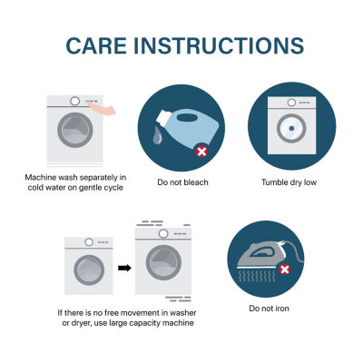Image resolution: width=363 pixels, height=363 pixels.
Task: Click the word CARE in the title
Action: click(x=96, y=45)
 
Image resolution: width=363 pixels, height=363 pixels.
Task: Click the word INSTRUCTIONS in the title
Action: click(x=219, y=45)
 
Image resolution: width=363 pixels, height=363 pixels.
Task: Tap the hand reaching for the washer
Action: click(x=102, y=109)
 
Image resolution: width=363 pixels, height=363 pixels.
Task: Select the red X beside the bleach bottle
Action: click(x=201, y=152)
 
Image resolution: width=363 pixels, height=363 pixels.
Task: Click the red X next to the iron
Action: click(x=284, y=269)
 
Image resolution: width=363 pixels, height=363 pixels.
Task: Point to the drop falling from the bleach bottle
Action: click(x=157, y=135)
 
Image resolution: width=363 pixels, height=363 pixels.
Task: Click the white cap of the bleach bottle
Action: click(x=164, y=117)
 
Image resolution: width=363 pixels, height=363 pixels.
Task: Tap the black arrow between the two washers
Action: click(x=124, y=268)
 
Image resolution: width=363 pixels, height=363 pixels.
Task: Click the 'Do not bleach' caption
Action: click(x=182, y=182)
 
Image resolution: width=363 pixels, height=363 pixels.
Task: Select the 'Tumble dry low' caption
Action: click(x=289, y=182)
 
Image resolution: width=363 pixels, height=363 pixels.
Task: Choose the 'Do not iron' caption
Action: click(x=269, y=309)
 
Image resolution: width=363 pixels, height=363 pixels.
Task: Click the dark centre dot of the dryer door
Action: click(x=291, y=128)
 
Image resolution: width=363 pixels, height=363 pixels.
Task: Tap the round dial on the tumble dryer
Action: click(x=291, y=103)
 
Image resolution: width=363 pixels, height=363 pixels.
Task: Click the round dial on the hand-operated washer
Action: click(x=74, y=101)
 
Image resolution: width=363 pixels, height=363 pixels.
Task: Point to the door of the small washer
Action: click(x=89, y=270)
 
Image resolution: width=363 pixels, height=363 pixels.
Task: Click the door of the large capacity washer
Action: click(x=163, y=262)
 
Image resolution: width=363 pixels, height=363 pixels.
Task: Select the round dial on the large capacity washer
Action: click(x=163, y=233)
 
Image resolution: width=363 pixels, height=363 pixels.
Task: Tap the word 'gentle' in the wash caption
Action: click(x=90, y=188)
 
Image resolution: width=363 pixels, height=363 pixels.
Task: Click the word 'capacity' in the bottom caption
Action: click(x=145, y=323)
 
